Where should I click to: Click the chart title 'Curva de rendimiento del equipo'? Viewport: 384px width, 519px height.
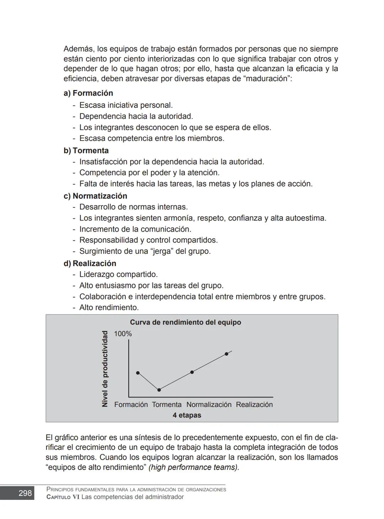185,322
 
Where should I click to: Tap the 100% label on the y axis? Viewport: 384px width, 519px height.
123,334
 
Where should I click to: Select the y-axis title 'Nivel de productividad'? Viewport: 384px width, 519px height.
105,369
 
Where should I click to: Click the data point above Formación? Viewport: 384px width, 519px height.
138,373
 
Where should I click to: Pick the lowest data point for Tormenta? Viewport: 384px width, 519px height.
159,390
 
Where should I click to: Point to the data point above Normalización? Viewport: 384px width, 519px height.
192,372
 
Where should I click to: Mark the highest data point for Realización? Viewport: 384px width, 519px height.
226,354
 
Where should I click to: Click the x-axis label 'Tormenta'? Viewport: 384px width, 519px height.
167,404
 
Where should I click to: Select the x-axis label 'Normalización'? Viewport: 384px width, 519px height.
209,404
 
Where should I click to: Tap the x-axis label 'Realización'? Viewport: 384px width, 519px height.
254,404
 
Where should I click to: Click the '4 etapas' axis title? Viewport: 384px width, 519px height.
187,415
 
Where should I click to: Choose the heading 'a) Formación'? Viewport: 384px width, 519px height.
88,93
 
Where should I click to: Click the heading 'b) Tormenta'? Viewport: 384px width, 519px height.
86,150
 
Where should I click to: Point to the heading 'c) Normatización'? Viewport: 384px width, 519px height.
95,196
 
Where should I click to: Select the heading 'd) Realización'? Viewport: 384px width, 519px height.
90,263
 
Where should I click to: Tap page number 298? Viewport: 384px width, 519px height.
25,493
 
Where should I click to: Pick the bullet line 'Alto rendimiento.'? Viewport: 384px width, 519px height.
109,307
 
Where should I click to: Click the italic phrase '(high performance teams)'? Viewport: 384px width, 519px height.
193,467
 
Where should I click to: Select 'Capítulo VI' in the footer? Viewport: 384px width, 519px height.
63,497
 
